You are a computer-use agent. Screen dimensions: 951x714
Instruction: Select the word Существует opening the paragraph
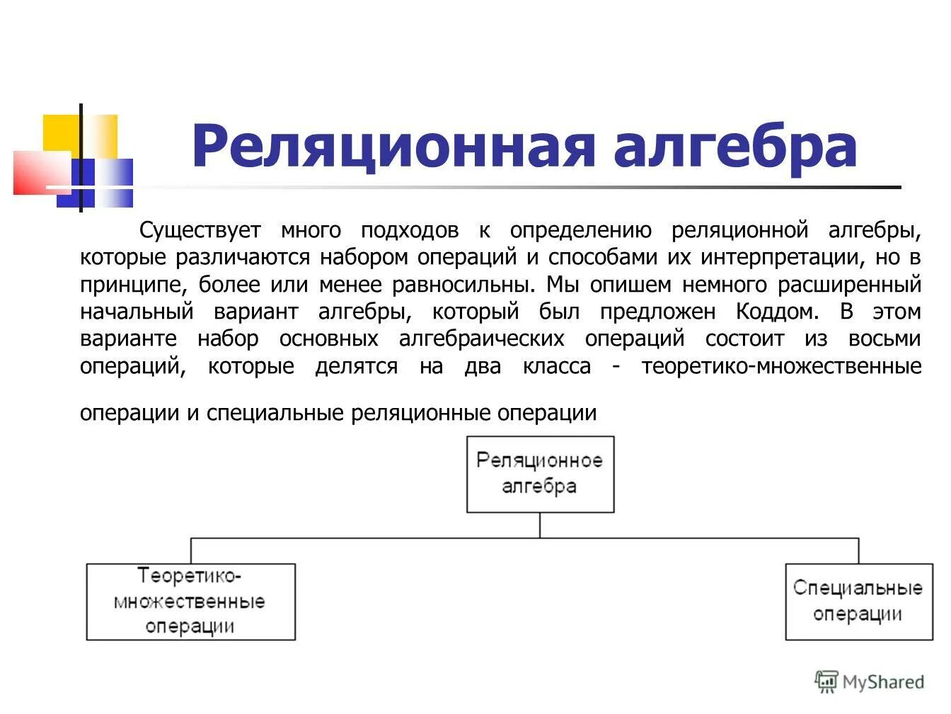pyautogui.click(x=200, y=230)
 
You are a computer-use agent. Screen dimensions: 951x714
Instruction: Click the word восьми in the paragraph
pyautogui.click(x=884, y=339)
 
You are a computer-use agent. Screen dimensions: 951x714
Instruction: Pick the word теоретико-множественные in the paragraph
pyautogui.click(x=781, y=366)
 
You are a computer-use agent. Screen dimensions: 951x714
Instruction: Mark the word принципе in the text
pyautogui.click(x=134, y=285)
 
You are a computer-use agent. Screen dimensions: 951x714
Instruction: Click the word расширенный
pyautogui.click(x=849, y=285)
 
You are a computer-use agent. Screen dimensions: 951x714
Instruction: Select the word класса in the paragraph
pyautogui.click(x=557, y=366)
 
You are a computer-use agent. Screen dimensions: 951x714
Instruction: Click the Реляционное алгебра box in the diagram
pyautogui.click(x=540, y=474)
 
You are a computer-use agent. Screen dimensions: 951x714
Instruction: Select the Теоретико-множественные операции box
pyautogui.click(x=190, y=602)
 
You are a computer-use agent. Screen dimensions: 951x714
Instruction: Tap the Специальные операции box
pyautogui.click(x=858, y=601)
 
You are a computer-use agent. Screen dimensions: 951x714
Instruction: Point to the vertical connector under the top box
pyautogui.click(x=540, y=525)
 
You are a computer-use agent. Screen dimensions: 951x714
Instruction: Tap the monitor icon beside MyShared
pyautogui.click(x=826, y=681)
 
